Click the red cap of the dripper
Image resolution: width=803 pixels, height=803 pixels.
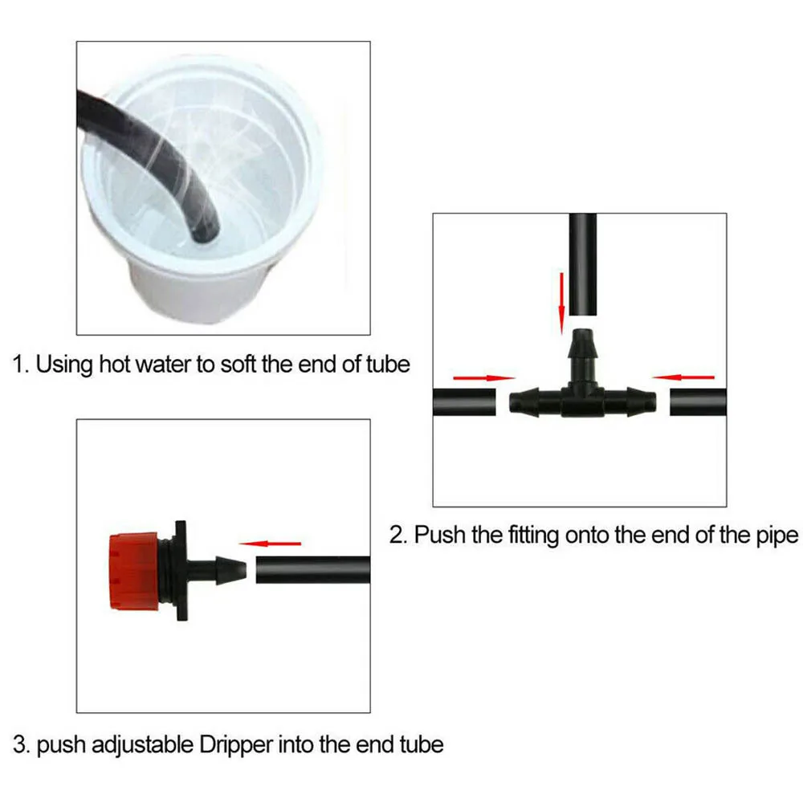[x=134, y=571]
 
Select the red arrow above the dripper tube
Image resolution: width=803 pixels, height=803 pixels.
[x=270, y=544]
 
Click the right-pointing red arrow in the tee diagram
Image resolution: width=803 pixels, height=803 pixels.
[x=484, y=378]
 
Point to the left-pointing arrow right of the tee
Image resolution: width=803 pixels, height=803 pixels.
[x=683, y=377]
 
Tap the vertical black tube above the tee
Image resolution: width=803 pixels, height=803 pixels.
[x=583, y=264]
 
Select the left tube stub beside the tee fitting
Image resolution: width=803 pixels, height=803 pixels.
[x=464, y=402]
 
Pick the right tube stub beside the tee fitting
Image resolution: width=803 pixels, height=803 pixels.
[x=698, y=402]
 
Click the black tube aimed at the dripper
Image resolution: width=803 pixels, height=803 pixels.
[x=313, y=570]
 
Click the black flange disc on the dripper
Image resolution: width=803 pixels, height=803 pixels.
[x=181, y=571]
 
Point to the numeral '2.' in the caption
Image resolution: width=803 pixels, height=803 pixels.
[x=398, y=536]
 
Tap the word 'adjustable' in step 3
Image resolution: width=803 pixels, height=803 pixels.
[x=142, y=746]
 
